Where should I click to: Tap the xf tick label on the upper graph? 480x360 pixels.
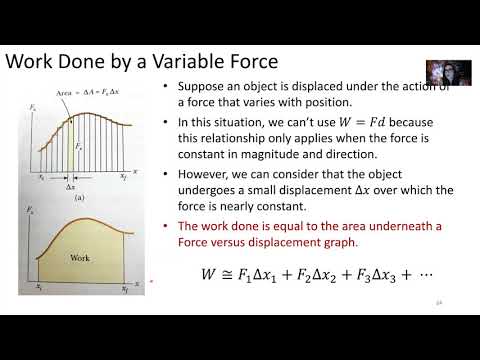126,176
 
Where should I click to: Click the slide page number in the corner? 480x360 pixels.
437,302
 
